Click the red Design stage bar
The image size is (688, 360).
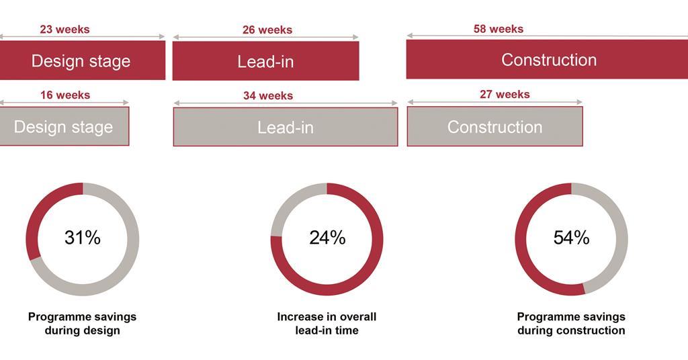[x=83, y=60]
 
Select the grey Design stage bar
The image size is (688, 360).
[x=64, y=126]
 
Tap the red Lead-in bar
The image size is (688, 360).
[x=265, y=61]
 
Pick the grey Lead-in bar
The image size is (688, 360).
[x=285, y=127]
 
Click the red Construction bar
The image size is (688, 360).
[x=547, y=59]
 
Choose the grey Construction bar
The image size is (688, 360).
[x=495, y=126]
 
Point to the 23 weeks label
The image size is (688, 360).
[x=64, y=30]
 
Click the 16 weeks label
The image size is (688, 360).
[x=65, y=95]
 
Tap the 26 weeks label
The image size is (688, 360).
[x=267, y=30]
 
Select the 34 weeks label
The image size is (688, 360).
[x=268, y=95]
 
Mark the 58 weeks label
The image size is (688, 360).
[x=499, y=29]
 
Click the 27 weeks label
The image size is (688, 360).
[x=505, y=94]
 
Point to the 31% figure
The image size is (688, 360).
[x=83, y=238]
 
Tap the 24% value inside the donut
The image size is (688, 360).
[x=327, y=238]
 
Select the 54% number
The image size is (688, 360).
[x=571, y=238]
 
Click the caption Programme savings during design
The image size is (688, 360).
[x=83, y=324]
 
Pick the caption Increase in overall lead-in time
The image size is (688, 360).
[x=327, y=324]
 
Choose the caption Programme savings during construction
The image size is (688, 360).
[x=571, y=324]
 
